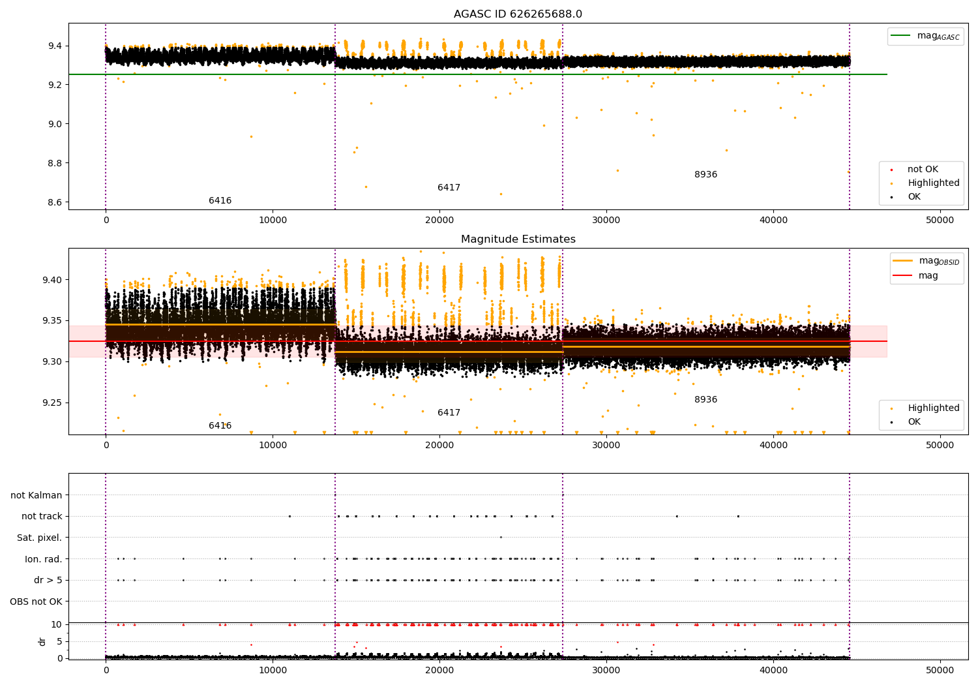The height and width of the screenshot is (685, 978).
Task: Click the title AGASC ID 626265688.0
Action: [518, 14]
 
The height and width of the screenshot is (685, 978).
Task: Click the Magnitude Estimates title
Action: [518, 239]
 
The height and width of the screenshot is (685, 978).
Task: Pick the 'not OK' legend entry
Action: [923, 170]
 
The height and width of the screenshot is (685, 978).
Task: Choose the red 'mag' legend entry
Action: [928, 275]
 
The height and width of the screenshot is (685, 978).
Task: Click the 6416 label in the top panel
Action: [220, 201]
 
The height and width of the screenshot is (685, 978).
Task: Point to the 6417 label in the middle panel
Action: [449, 413]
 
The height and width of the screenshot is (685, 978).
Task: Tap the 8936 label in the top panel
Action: [705, 175]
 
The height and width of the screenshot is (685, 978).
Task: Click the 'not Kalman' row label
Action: [37, 495]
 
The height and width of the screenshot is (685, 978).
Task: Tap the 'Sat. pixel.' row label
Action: [39, 538]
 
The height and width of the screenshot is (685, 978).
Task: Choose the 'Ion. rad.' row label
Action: [44, 559]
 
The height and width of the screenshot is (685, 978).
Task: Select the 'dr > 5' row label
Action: [48, 580]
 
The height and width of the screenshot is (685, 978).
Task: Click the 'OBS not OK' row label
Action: [36, 601]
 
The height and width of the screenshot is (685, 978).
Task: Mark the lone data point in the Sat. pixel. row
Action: [501, 537]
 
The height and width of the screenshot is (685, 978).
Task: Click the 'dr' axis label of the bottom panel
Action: [42, 641]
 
